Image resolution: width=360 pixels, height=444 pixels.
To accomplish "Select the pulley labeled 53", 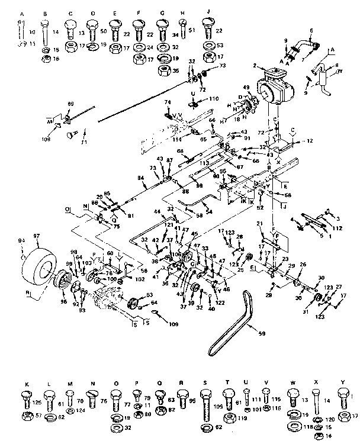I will pos(133,299).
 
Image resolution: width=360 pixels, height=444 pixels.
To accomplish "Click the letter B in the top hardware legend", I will pos(46,14).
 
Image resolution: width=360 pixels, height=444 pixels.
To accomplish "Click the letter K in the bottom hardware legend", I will pos(26,384).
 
